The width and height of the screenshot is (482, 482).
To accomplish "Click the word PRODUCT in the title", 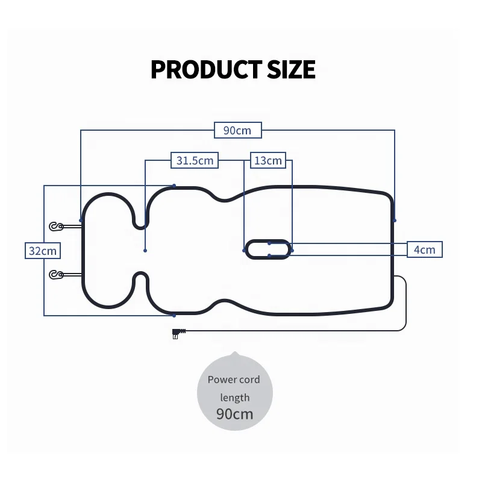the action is click(x=198, y=69).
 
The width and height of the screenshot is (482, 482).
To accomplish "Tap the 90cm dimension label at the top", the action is click(x=237, y=130).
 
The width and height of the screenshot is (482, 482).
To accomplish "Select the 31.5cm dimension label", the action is click(x=195, y=160).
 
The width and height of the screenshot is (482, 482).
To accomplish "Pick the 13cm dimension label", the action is click(x=268, y=160).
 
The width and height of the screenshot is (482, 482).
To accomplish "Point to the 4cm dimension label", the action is click(x=425, y=249).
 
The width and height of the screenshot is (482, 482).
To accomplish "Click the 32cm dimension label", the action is click(x=43, y=251).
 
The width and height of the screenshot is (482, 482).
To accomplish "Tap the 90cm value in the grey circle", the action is click(x=235, y=414).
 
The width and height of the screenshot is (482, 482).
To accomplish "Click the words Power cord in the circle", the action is click(x=234, y=380).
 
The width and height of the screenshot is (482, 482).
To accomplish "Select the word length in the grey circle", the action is click(x=234, y=397).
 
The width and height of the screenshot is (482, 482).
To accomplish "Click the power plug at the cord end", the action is click(x=178, y=333).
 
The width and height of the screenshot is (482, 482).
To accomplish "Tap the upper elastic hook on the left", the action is click(x=57, y=227).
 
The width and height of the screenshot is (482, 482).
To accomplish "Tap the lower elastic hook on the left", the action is click(x=57, y=275).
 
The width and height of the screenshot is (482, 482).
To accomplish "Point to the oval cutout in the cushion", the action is click(x=268, y=249).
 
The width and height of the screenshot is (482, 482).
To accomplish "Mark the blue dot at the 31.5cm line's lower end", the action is click(x=145, y=250).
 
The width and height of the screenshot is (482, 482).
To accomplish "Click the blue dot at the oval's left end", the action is click(x=243, y=250).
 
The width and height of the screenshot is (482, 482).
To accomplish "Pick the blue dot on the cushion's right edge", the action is click(x=395, y=220).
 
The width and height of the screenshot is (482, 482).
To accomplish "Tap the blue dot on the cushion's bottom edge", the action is click(x=174, y=315).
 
